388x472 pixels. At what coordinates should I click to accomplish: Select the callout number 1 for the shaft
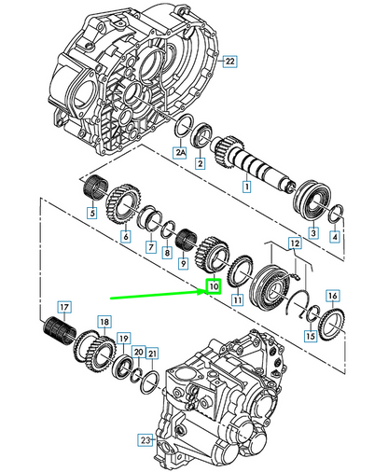point(246,187)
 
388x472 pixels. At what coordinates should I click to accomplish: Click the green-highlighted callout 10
point(213,287)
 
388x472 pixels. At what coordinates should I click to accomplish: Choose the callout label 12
point(295,244)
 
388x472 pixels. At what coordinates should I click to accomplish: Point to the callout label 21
point(153,353)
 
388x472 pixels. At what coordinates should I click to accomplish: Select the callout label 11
point(238,300)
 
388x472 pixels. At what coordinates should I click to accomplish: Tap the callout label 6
point(125,238)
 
